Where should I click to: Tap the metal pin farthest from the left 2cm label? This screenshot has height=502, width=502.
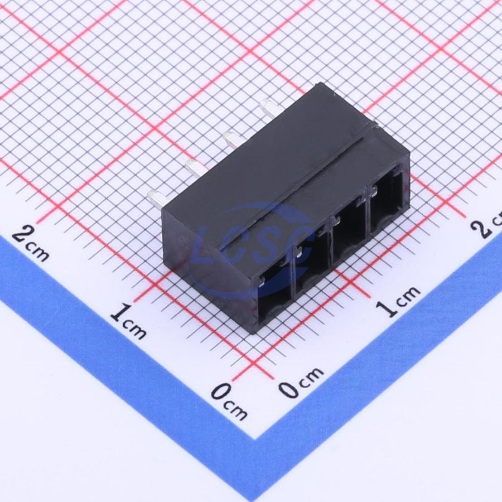pyautogui.click(x=271, y=107)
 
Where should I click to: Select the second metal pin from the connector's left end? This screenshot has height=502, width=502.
pyautogui.click(x=195, y=168)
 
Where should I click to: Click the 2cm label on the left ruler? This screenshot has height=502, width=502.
pyautogui.click(x=31, y=243)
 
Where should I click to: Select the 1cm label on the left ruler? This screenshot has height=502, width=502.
pyautogui.click(x=129, y=321)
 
